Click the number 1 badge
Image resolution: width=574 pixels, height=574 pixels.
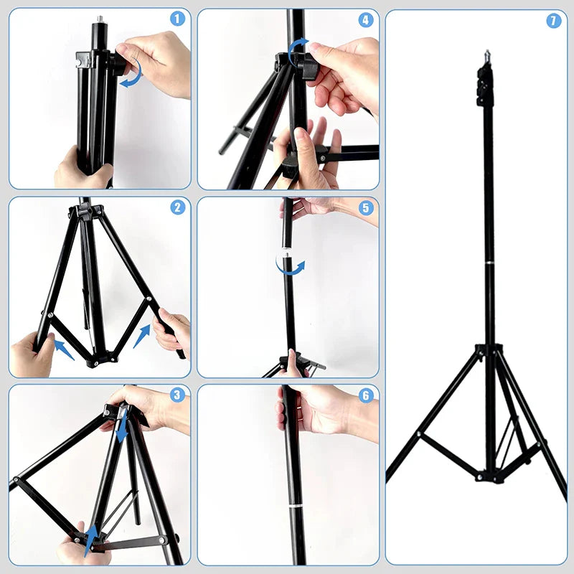pyautogui.click(x=177, y=19)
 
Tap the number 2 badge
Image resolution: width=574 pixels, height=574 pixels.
pyautogui.click(x=177, y=208)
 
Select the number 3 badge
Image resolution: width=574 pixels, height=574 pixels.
pyautogui.click(x=177, y=395)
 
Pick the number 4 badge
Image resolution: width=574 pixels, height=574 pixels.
pyautogui.click(x=366, y=19)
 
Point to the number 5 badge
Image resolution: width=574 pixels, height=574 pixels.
pyautogui.click(x=366, y=208)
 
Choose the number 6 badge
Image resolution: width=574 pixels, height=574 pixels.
pyautogui.click(x=366, y=395)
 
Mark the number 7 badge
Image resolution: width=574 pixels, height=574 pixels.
pyautogui.click(x=553, y=21)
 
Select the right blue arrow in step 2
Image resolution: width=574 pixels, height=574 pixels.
pyautogui.click(x=142, y=334)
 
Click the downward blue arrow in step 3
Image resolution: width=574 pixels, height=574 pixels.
pyautogui.click(x=123, y=429)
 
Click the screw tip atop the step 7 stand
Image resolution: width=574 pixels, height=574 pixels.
pyautogui.click(x=486, y=53)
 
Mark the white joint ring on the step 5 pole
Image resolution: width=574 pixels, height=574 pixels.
pyautogui.click(x=287, y=253)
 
